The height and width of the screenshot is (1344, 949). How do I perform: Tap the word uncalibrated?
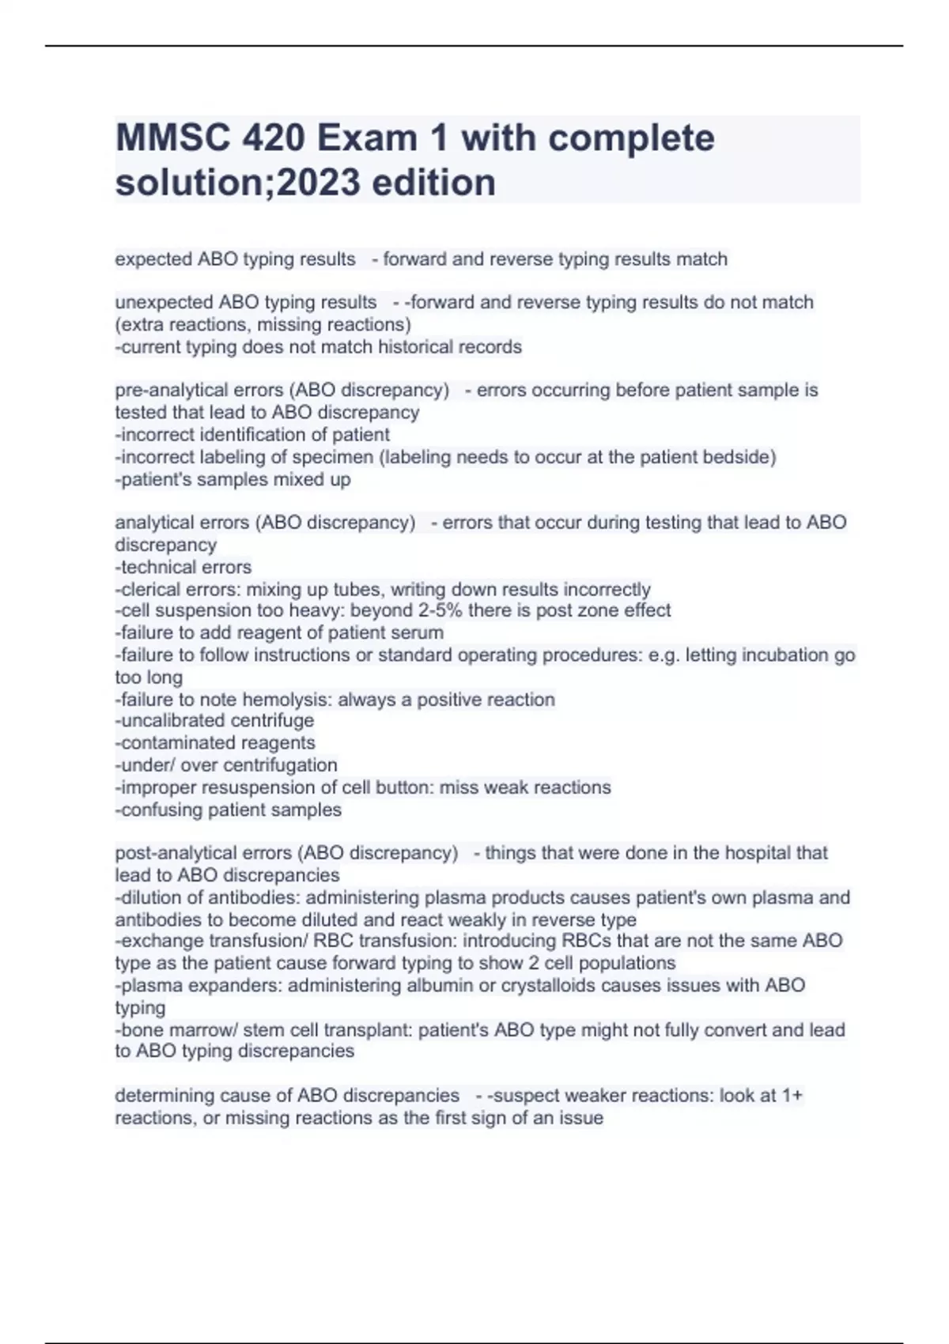pos(175,721)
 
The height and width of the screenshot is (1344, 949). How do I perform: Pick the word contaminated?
pos(175,743)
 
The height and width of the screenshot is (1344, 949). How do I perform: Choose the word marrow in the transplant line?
pos(189,1030)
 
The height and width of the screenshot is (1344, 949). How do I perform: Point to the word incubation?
pos(760,655)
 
